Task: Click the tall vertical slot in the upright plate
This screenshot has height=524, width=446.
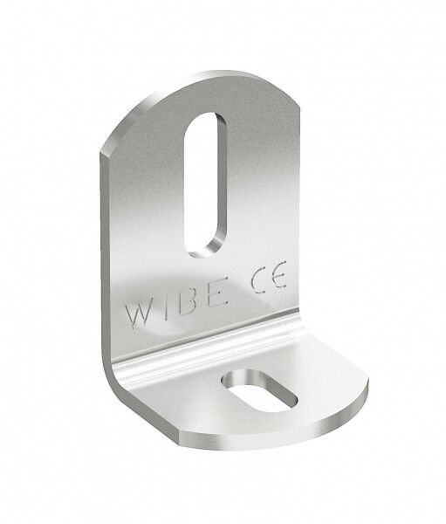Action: click(205, 185)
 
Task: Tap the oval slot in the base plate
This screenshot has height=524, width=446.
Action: click(259, 391)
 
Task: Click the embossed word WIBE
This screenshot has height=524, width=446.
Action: click(176, 303)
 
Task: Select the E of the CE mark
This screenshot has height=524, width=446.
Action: click(278, 274)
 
